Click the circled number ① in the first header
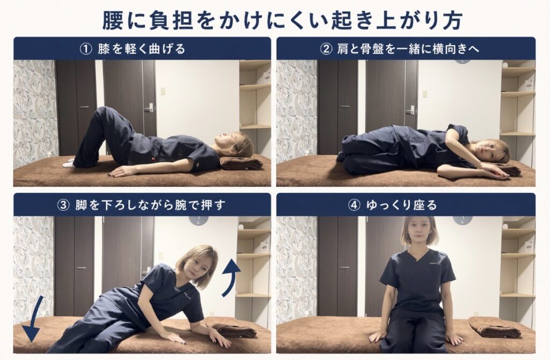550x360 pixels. tap(86, 49)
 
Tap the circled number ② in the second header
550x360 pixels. tap(326, 49)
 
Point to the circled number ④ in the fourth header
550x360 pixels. tap(354, 205)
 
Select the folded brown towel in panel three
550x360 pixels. tap(234, 332)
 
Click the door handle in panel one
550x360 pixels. tap(149, 107)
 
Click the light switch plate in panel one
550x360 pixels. tap(163, 91)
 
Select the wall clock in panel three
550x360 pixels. tap(199, 220)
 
